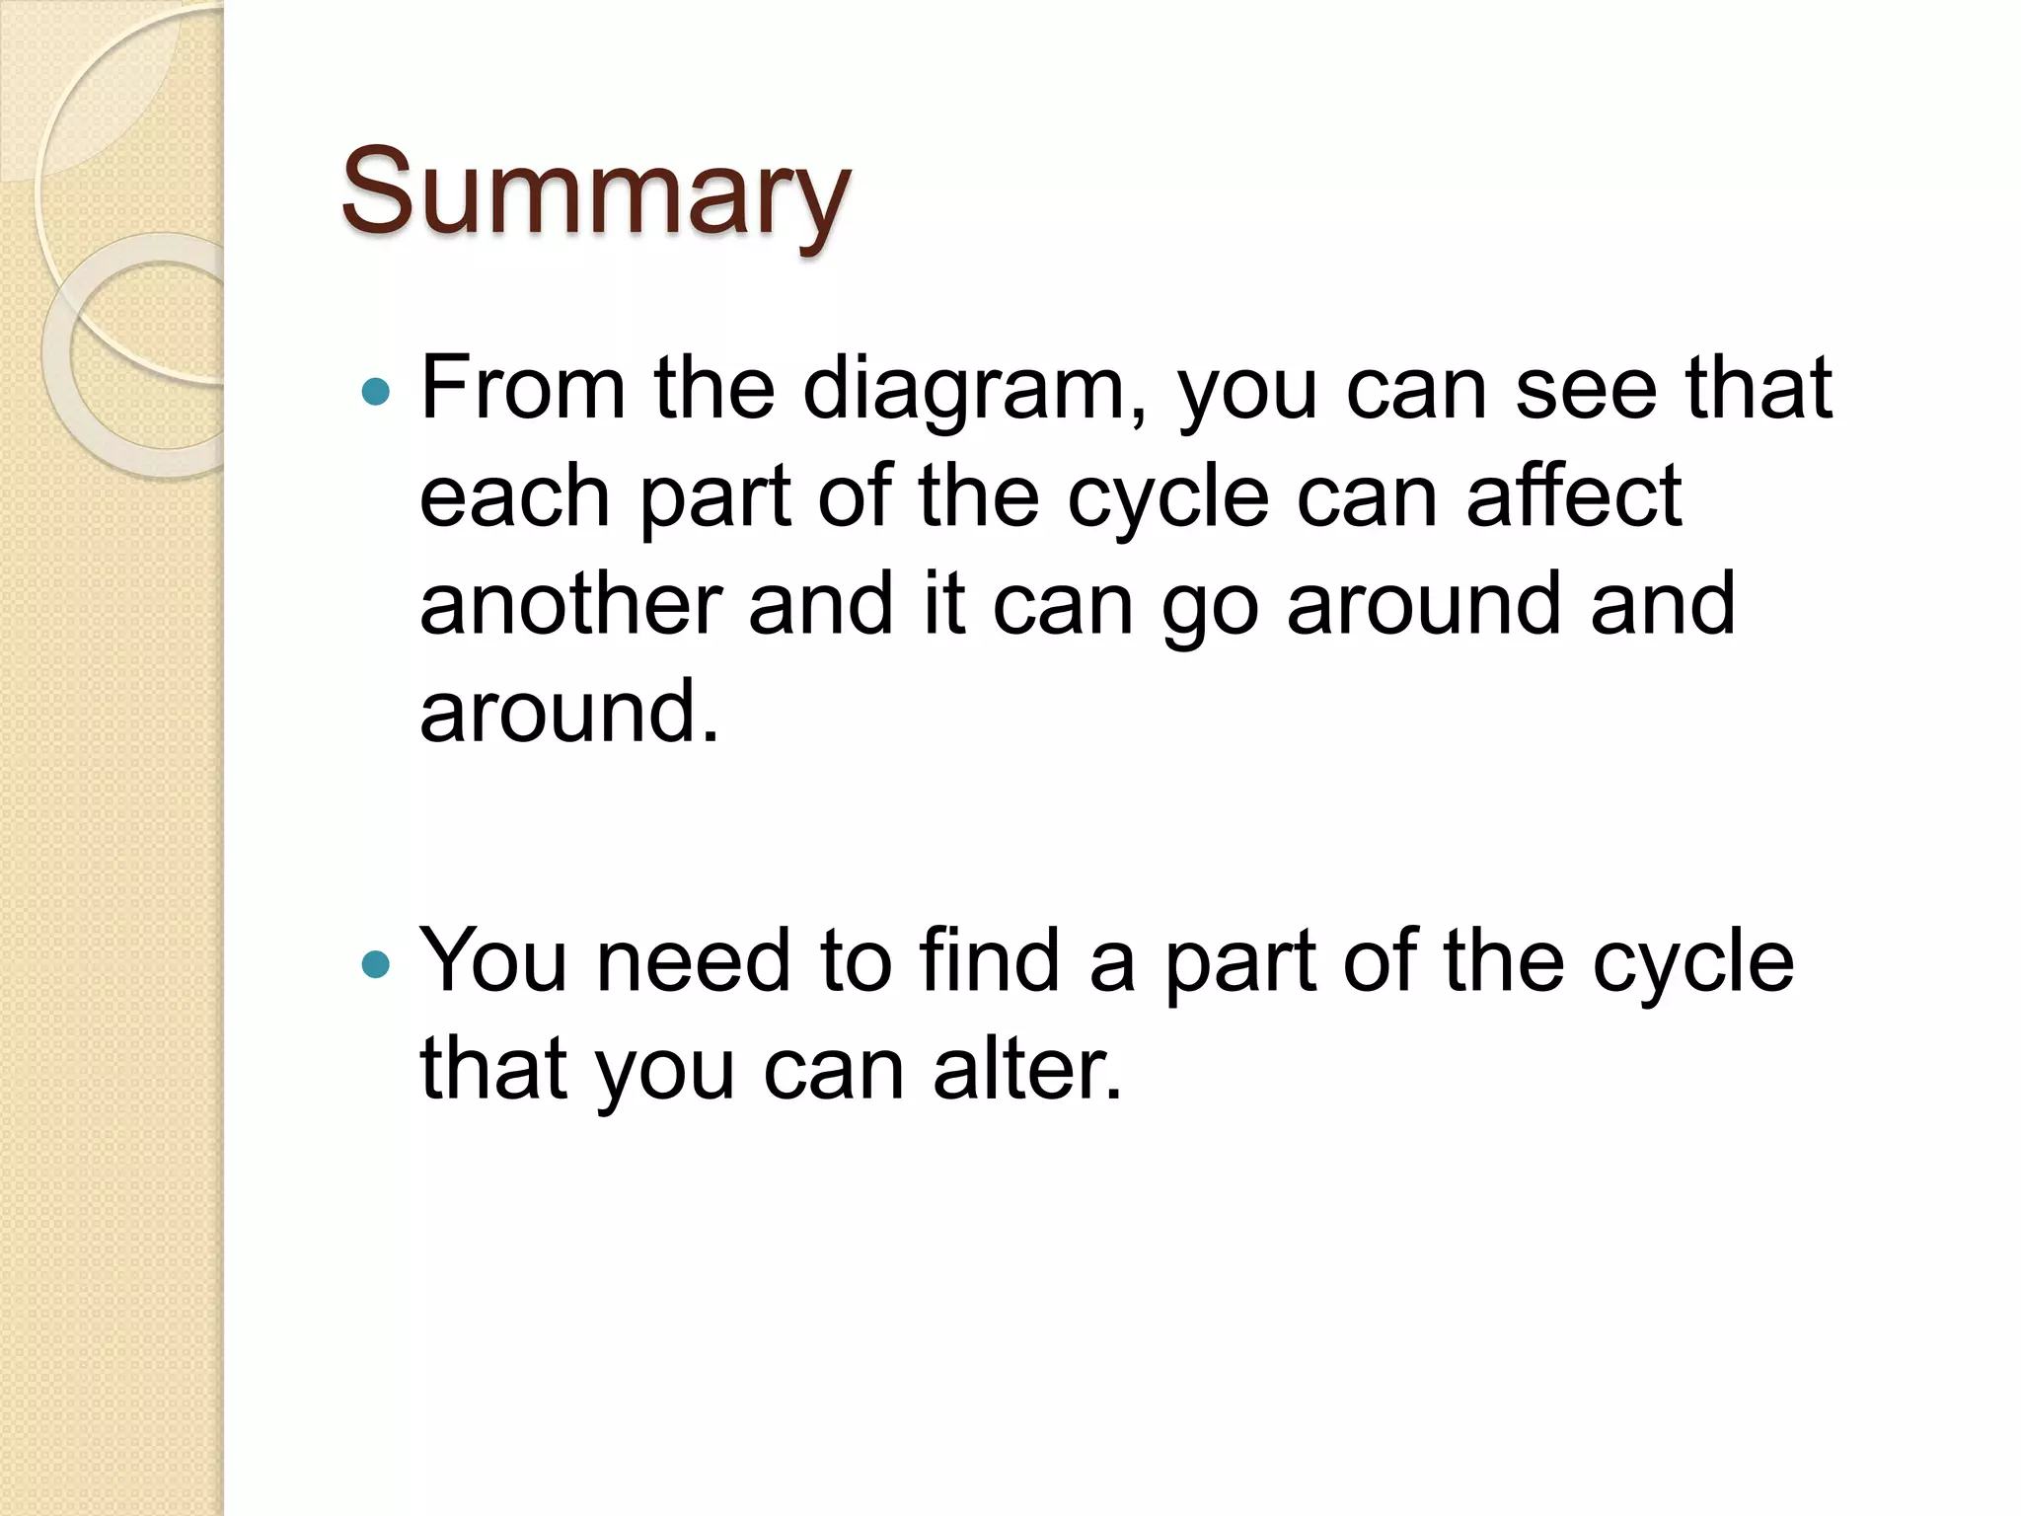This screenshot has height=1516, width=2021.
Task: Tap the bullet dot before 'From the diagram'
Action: point(376,393)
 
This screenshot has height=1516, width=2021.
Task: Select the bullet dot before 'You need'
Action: point(376,964)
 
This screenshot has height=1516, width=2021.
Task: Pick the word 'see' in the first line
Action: point(1586,390)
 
